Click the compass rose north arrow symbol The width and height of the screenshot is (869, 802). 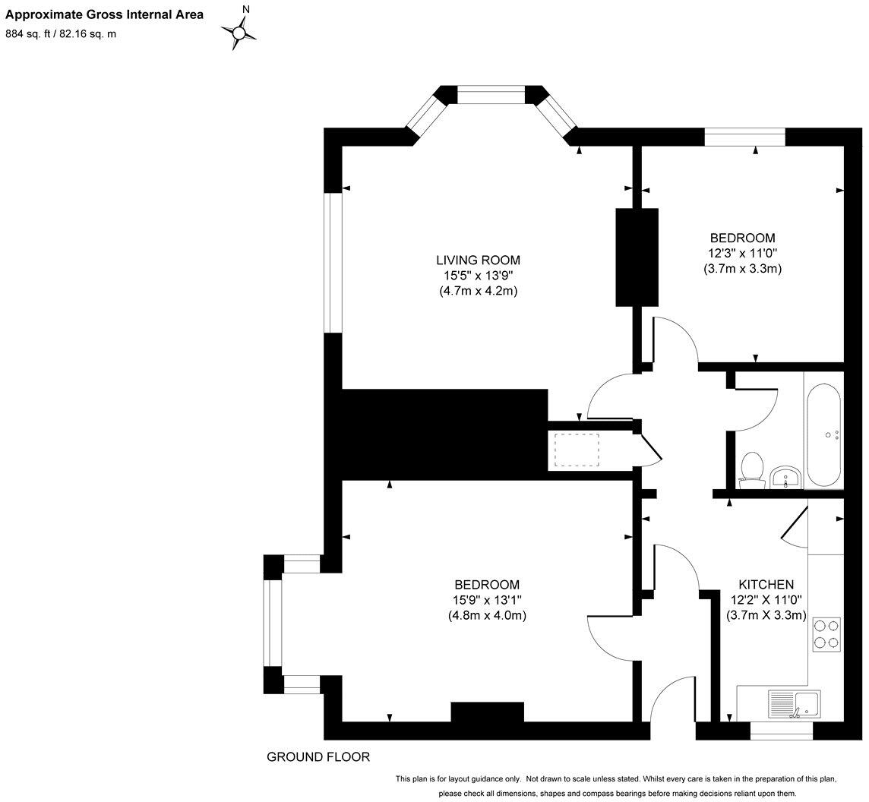tap(240, 32)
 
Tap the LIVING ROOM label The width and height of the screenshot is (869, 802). tap(478, 260)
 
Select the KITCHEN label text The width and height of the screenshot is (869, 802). tap(766, 584)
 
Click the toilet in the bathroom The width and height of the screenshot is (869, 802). tap(752, 468)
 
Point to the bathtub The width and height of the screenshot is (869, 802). tap(823, 436)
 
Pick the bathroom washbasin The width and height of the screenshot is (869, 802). tap(785, 476)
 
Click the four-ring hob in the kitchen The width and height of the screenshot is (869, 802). tap(826, 634)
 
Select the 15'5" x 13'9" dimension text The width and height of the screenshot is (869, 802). tap(478, 275)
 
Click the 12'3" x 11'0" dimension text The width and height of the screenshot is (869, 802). tap(742, 253)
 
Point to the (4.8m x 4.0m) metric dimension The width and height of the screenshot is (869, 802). tap(487, 615)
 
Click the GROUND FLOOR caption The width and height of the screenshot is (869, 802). tap(318, 756)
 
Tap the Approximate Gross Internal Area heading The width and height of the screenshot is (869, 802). tap(105, 14)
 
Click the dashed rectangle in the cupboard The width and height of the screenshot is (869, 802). tap(577, 450)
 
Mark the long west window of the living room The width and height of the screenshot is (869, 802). tap(332, 263)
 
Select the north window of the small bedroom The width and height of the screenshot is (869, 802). tap(744, 137)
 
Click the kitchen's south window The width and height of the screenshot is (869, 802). tap(781, 731)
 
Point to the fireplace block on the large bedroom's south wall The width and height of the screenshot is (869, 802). tap(487, 712)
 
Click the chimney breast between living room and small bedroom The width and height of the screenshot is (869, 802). tap(636, 257)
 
